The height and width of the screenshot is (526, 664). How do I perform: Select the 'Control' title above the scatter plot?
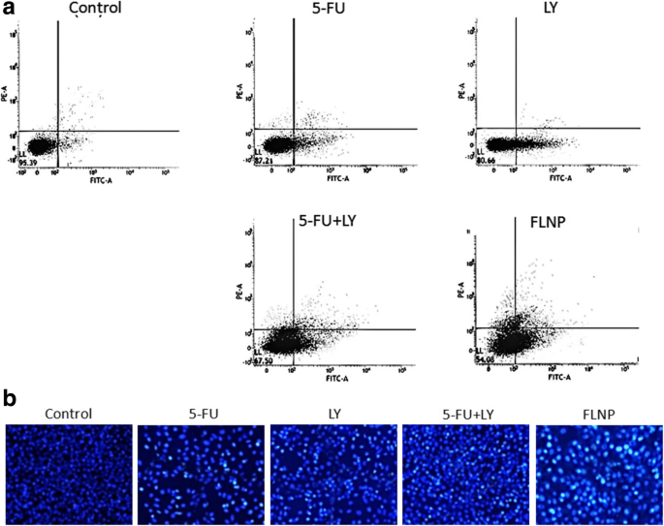coord(95,11)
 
